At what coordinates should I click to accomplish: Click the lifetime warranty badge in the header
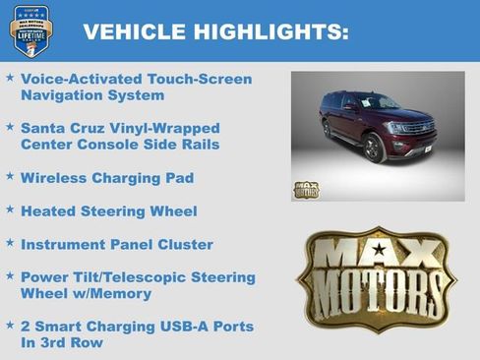click(30, 30)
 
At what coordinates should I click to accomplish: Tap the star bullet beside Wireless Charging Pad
click(10, 177)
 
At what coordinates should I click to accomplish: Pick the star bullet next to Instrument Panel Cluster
click(10, 243)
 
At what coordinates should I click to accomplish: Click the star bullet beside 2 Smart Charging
click(10, 325)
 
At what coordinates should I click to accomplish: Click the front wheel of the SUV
click(375, 149)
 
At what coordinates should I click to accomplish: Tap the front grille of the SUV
click(418, 134)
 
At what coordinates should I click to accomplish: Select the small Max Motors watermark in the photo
click(307, 188)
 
